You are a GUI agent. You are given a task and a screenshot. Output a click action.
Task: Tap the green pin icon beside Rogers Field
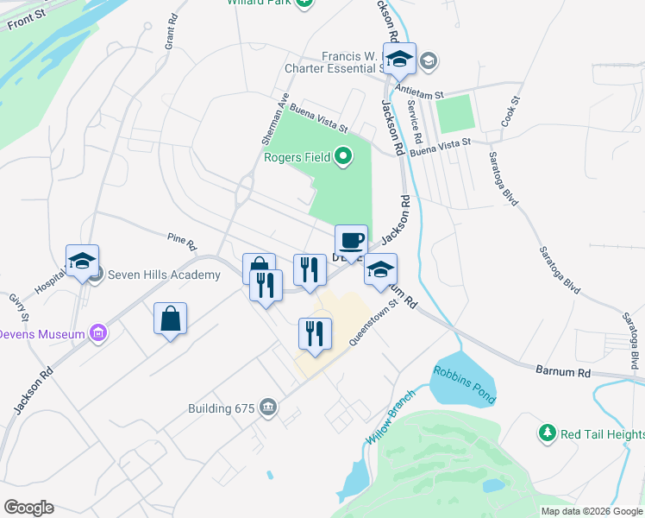343,157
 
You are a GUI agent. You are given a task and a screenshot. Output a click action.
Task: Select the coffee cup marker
351,241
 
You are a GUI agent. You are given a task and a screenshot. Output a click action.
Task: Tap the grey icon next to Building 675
268,407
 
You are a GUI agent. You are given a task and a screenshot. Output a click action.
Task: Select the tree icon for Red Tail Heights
546,432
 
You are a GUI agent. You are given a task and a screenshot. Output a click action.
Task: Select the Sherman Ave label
274,118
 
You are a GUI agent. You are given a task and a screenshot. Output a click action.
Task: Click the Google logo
28,508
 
